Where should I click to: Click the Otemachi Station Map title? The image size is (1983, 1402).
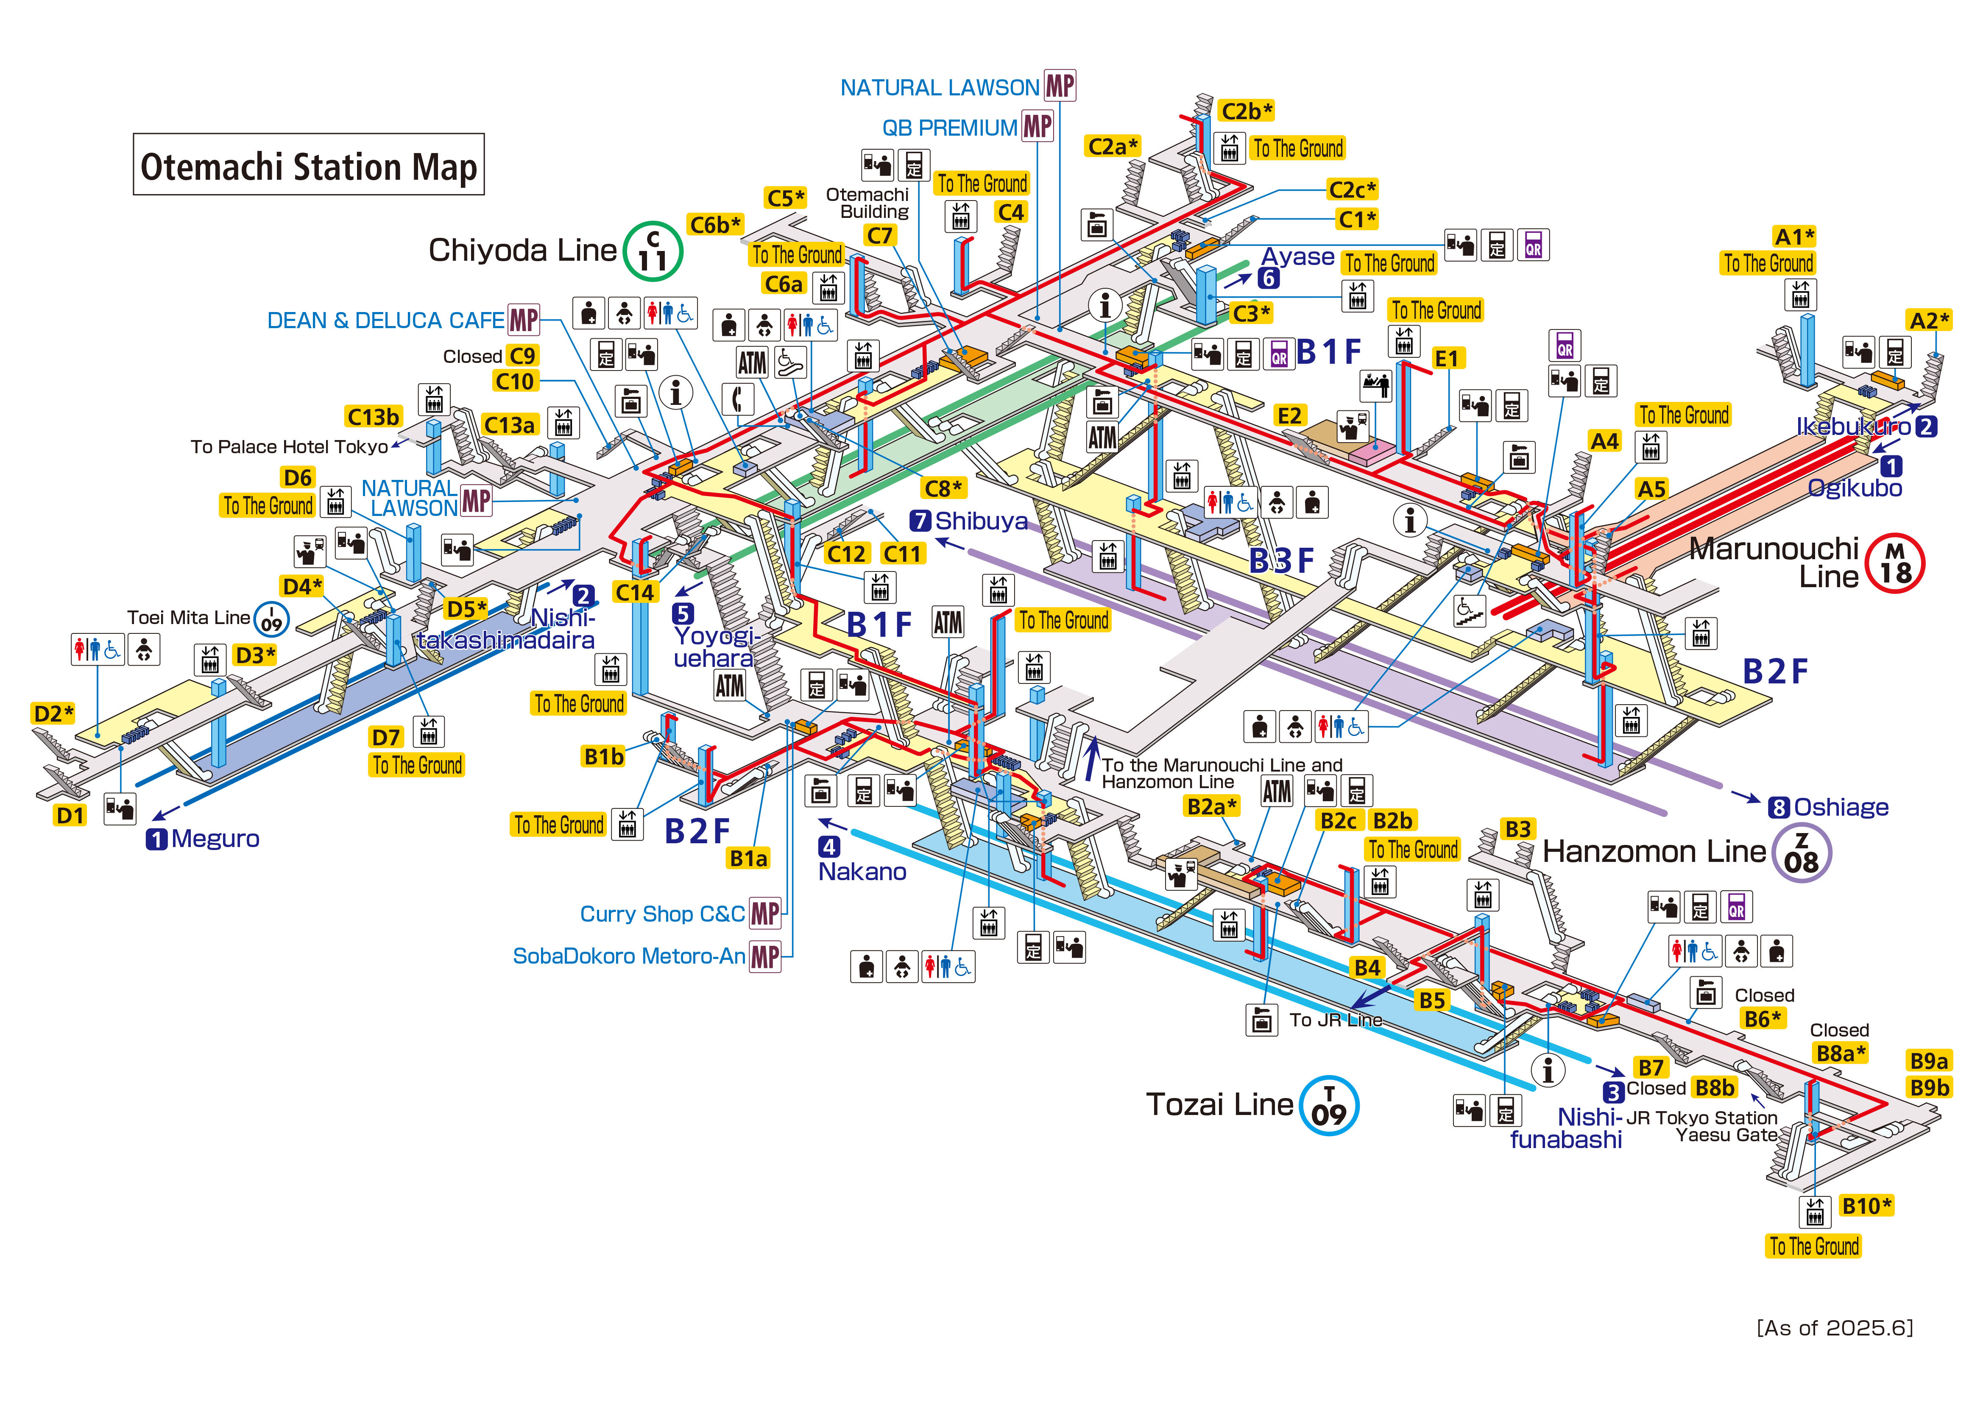click(308, 165)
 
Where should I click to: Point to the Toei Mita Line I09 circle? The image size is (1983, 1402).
click(271, 619)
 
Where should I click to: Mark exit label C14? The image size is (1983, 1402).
click(635, 593)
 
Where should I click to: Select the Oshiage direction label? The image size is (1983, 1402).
click(1840, 808)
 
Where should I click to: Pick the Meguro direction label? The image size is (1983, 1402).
click(214, 839)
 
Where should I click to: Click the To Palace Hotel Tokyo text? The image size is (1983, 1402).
click(289, 446)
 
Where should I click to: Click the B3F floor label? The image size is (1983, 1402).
click(1282, 561)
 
